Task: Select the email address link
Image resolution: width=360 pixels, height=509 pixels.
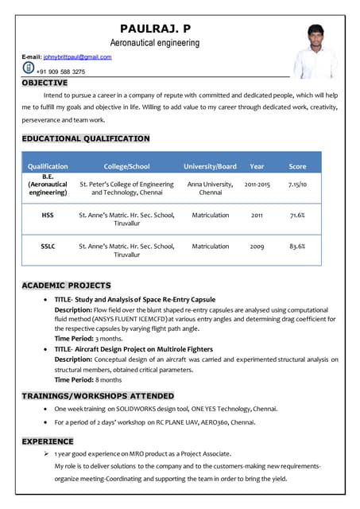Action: [x=77, y=57]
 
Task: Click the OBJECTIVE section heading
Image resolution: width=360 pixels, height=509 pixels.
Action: [x=45, y=83]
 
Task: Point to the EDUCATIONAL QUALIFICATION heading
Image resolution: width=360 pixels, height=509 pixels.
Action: [x=85, y=138]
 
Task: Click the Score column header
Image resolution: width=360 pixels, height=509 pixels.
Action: [x=297, y=166]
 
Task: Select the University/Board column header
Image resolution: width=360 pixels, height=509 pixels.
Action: [x=210, y=166]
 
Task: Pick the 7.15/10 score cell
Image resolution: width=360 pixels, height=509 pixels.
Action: [x=297, y=184]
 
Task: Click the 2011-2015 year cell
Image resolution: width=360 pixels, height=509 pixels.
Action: [x=257, y=184]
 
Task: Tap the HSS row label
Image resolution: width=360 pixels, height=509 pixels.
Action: [x=48, y=215]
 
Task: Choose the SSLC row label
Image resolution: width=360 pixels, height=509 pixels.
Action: [x=48, y=247]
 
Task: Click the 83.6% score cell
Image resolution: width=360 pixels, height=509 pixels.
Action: [x=297, y=247]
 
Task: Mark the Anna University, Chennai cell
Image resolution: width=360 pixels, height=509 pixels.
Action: [x=210, y=188]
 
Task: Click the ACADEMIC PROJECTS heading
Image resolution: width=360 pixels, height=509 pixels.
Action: [x=66, y=285]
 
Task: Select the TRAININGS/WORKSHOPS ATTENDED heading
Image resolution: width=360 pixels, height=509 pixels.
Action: [x=97, y=395]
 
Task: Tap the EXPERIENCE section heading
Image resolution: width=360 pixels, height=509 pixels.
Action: [x=47, y=441]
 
